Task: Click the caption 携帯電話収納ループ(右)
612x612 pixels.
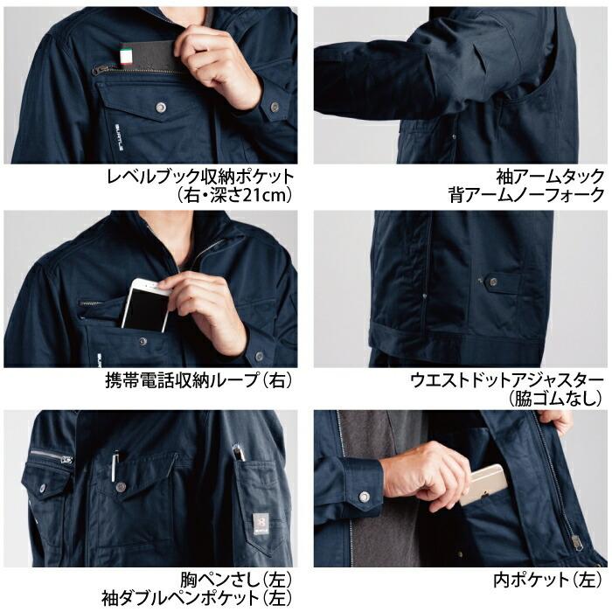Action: (x=197, y=381)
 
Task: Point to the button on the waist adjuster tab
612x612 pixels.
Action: (x=491, y=281)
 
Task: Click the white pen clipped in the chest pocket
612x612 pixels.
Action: (x=115, y=462)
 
